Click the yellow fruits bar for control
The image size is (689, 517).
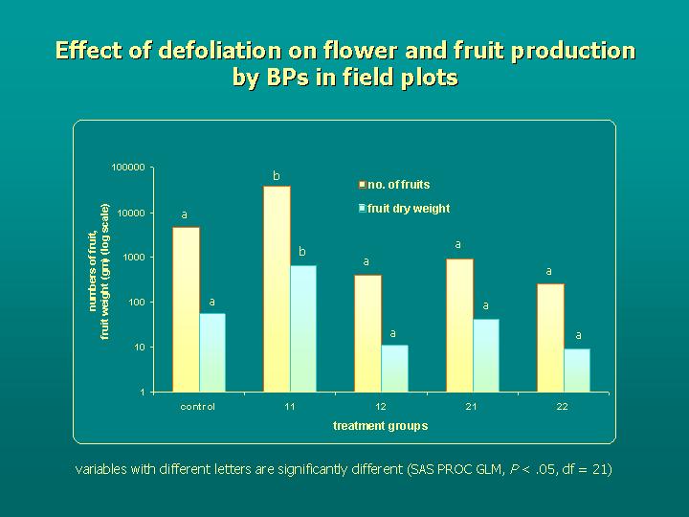tap(186, 309)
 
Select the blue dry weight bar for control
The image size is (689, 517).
tap(212, 352)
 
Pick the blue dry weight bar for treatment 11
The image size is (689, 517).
tap(303, 328)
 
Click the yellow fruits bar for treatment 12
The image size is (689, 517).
tap(367, 333)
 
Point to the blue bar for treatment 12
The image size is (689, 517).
tap(394, 369)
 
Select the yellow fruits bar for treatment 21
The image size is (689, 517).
tap(459, 326)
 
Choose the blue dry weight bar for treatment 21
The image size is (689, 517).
tap(486, 355)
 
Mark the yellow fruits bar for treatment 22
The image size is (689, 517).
tap(550, 338)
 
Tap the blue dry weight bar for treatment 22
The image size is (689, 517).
tap(577, 371)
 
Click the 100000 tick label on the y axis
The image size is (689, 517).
tap(127, 168)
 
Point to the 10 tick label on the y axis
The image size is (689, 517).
tap(139, 348)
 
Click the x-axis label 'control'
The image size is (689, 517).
tap(198, 407)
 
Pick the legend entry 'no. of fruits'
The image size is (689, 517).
tap(398, 185)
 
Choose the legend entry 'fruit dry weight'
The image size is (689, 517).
tap(408, 208)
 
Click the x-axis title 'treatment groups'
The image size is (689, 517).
tap(380, 425)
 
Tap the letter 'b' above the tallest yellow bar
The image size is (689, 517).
tap(277, 175)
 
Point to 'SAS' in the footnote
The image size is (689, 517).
tap(419, 469)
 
